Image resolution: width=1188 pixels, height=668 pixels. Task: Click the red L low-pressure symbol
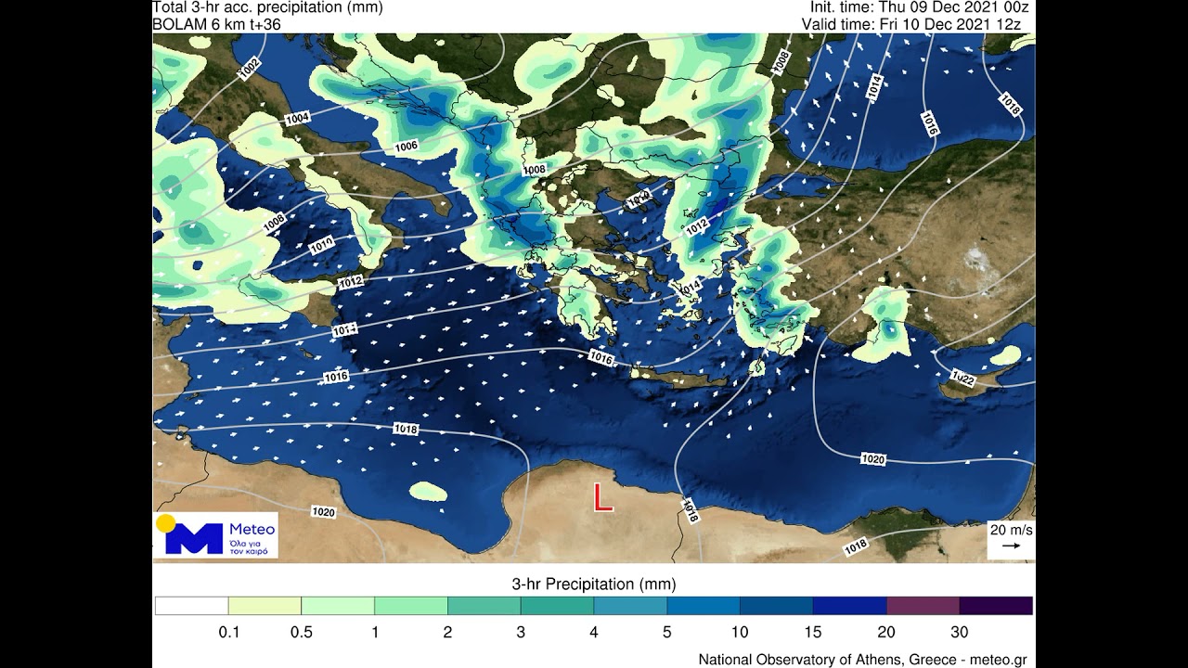pyautogui.click(x=603, y=498)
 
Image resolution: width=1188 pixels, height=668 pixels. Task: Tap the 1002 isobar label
pyautogui.click(x=250, y=69)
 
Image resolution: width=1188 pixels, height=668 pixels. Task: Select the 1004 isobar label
pyautogui.click(x=297, y=119)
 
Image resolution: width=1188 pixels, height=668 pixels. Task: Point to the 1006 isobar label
pyautogui.click(x=406, y=146)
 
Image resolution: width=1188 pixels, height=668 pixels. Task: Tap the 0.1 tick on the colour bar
pyautogui.click(x=228, y=633)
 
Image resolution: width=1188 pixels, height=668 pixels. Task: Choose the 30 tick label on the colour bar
pyautogui.click(x=959, y=633)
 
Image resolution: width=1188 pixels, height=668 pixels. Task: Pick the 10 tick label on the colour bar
pyautogui.click(x=740, y=633)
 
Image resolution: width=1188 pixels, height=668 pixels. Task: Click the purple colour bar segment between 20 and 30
pyautogui.click(x=923, y=606)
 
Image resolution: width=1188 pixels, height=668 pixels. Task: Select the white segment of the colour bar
pyautogui.click(x=191, y=606)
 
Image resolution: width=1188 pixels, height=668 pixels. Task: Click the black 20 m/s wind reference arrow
pyautogui.click(x=1011, y=546)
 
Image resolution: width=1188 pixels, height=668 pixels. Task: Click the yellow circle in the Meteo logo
pyautogui.click(x=166, y=523)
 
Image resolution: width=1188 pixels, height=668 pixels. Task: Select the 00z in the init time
pyautogui.click(x=1015, y=7)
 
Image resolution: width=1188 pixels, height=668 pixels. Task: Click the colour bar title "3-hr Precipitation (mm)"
pyautogui.click(x=594, y=584)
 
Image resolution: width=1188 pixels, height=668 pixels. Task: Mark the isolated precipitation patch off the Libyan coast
pyautogui.click(x=428, y=491)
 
